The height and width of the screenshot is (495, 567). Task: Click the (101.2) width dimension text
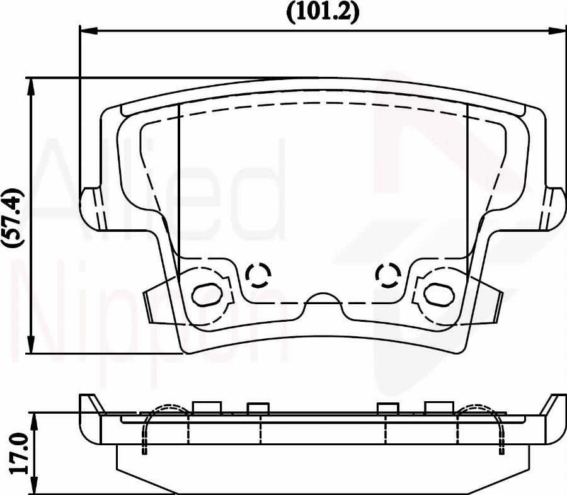point(323,12)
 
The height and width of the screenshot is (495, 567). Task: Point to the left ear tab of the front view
point(93,208)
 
